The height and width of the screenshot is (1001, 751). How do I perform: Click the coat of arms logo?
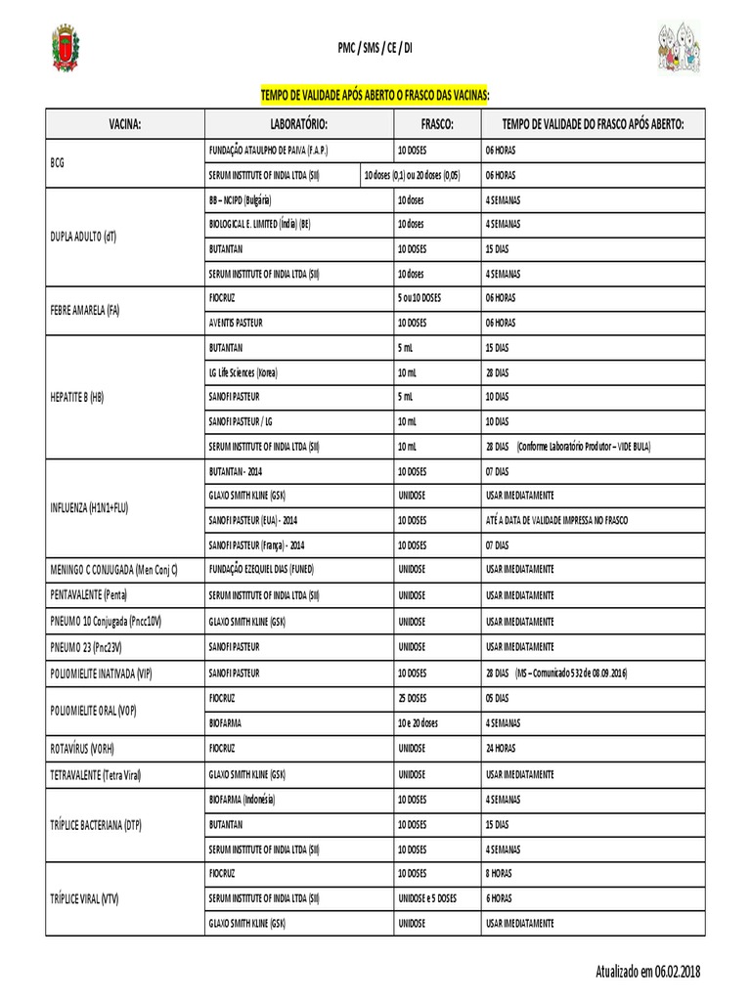[x=66, y=49]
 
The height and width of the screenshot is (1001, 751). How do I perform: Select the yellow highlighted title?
[x=375, y=95]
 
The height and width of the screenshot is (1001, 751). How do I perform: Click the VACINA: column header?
[x=125, y=124]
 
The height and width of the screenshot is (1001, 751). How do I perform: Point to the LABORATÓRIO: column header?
[x=298, y=124]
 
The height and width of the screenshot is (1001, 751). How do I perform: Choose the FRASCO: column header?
[x=436, y=124]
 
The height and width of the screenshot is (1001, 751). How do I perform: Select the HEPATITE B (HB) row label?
[x=76, y=396]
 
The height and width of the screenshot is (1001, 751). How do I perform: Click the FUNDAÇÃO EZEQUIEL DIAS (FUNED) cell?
[x=261, y=569]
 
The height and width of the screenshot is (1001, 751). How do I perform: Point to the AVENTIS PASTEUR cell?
[x=236, y=322]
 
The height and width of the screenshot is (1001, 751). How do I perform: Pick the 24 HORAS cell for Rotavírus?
[x=501, y=749]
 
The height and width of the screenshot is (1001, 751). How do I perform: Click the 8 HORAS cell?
[x=499, y=873]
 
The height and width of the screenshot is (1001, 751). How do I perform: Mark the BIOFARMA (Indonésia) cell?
[x=243, y=799]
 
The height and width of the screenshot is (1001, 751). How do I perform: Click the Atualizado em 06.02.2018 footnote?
[x=647, y=971]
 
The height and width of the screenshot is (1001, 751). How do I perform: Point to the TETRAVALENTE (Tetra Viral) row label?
[x=96, y=774]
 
